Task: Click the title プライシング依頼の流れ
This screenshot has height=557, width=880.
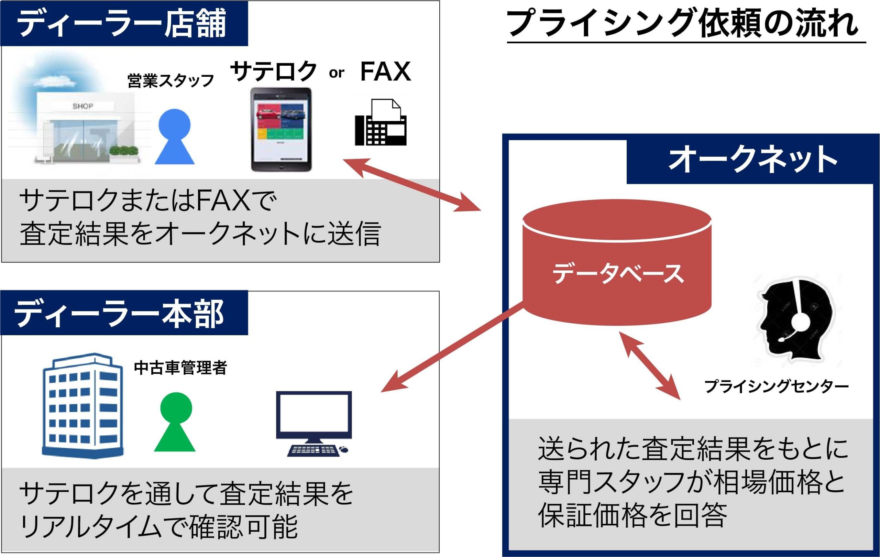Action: click(683, 23)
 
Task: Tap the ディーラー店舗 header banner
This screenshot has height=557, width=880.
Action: click(124, 23)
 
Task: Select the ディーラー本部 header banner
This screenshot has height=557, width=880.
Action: click(124, 313)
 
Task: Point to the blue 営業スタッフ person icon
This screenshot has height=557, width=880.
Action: click(175, 137)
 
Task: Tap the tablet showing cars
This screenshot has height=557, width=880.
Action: click(281, 129)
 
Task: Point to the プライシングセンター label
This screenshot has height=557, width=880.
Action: click(776, 386)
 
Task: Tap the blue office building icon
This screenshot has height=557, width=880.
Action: click(82, 405)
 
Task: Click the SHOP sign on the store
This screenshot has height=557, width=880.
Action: click(82, 106)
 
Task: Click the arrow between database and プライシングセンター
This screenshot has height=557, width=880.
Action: click(649, 366)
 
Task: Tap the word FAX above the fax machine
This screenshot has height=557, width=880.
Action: click(385, 72)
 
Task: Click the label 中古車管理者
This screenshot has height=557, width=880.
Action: click(180, 368)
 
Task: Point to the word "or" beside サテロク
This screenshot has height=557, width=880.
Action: click(336, 73)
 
